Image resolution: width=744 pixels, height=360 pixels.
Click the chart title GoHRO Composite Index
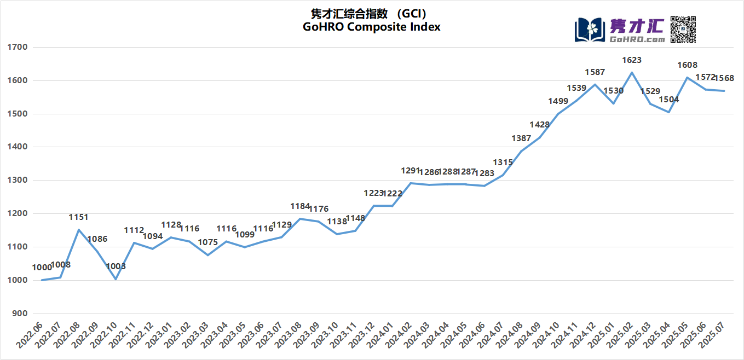371,27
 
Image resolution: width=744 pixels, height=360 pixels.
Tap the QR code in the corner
683,29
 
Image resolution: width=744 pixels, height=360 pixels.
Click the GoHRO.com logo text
637,39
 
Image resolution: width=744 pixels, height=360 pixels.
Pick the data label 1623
632,60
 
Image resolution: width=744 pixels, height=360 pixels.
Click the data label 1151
78,217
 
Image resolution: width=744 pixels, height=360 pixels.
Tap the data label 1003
116,266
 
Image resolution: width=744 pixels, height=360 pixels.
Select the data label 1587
595,72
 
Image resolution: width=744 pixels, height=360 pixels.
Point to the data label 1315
503,162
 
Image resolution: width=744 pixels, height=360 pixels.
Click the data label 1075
208,242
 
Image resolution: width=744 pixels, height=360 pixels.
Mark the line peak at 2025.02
632,72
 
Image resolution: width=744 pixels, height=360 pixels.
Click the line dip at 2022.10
116,279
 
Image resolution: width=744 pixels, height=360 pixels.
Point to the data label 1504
668,100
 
